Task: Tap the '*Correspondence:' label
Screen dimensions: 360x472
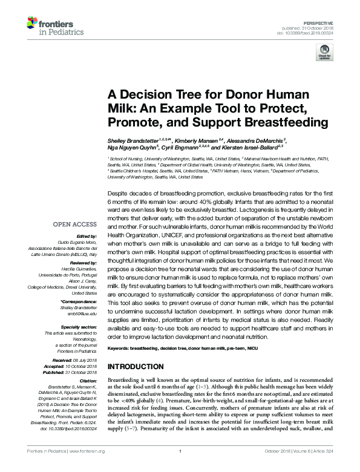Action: [79, 301]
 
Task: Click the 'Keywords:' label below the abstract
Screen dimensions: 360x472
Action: [118, 349]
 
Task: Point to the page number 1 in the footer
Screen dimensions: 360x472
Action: [180, 468]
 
